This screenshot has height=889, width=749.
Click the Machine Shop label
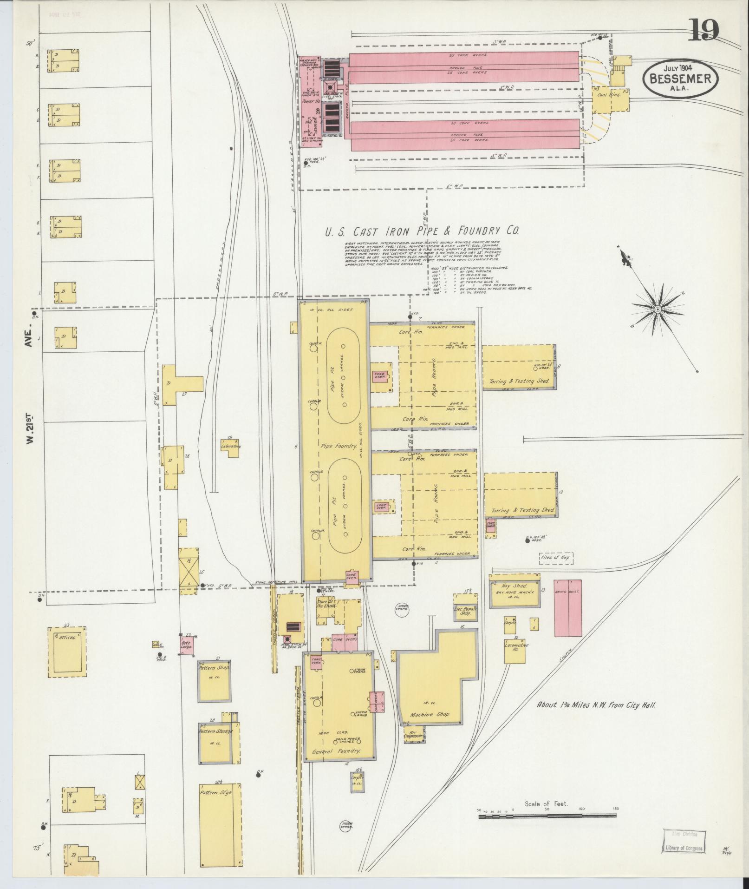coord(430,727)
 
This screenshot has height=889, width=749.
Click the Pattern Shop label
coord(214,668)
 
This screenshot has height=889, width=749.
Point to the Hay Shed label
coord(514,586)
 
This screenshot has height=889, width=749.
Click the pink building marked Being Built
coord(567,607)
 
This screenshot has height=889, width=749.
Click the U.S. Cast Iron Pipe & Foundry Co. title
coord(422,231)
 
